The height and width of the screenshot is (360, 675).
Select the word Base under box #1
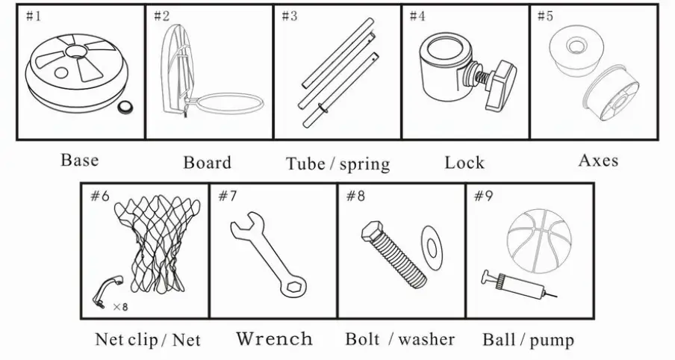click(79, 160)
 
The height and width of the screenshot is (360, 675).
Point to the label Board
click(207, 162)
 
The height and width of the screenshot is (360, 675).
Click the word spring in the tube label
click(364, 164)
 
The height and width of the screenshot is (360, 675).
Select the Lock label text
click(464, 162)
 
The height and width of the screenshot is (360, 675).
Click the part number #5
click(545, 16)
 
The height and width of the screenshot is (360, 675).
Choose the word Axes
click(598, 160)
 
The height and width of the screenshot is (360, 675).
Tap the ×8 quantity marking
click(120, 306)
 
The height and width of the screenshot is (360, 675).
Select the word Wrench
click(274, 339)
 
